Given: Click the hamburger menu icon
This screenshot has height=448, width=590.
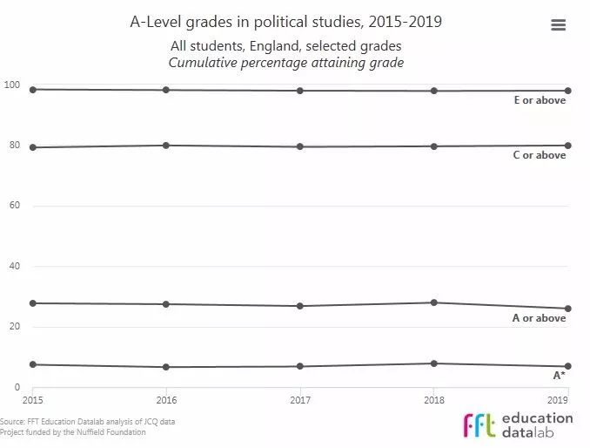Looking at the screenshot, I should click(x=559, y=25).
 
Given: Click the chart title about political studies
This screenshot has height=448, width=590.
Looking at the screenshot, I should click(x=285, y=22).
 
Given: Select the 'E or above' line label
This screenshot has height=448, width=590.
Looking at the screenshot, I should click(x=540, y=100).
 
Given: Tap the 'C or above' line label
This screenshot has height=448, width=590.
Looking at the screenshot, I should click(x=540, y=155).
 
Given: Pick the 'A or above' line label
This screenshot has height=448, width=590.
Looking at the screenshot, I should click(x=540, y=318).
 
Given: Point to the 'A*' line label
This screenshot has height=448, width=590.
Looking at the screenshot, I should click(x=560, y=376).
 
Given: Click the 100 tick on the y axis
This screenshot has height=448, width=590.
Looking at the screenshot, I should click(x=11, y=85).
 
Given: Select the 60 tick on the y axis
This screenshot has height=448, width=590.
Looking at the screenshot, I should click(x=11, y=206).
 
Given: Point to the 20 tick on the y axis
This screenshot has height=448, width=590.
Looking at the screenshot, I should click(x=11, y=327).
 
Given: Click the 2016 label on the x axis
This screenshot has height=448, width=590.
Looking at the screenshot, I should click(x=166, y=399).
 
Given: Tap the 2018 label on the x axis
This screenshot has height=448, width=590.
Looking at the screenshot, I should click(x=433, y=399).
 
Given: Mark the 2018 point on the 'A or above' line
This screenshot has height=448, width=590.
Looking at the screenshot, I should click(x=433, y=302).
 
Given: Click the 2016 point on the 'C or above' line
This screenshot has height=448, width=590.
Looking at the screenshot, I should click(x=166, y=145).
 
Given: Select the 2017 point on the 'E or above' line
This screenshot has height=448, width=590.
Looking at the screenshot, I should click(x=300, y=91).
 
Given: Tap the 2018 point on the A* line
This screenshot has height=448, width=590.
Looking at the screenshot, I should click(x=433, y=363).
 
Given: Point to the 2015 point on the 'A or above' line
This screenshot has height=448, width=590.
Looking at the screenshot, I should click(x=33, y=303).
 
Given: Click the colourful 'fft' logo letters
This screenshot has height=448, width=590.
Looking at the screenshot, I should click(x=481, y=424).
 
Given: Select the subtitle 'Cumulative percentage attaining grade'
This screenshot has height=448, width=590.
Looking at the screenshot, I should click(x=285, y=63).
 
